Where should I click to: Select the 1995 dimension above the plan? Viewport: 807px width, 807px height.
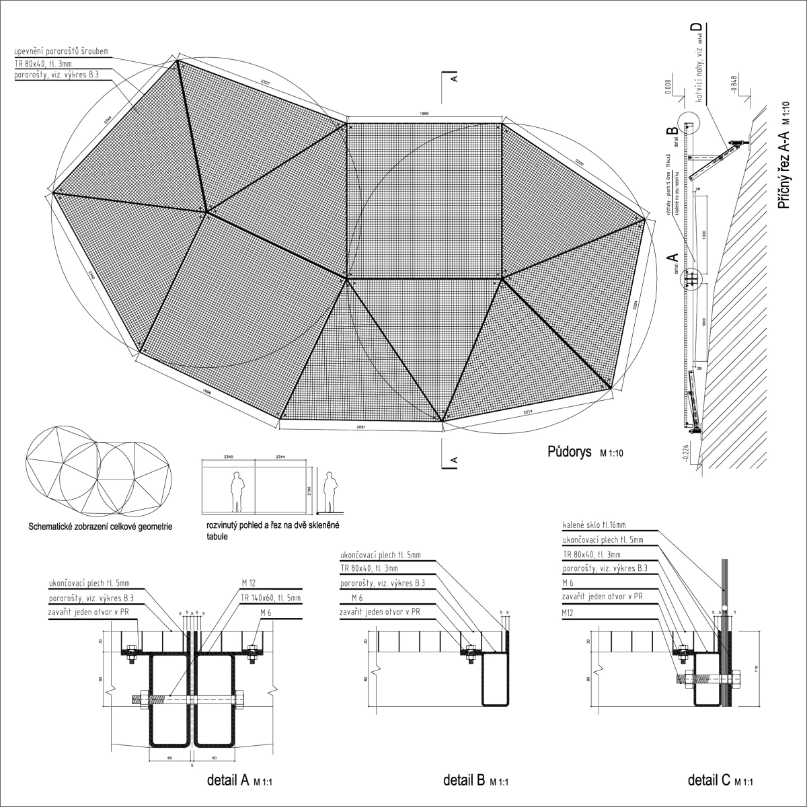point(424,114)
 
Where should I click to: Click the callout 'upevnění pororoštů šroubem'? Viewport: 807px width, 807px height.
point(61,51)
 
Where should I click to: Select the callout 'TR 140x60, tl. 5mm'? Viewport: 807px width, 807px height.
point(270,597)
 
